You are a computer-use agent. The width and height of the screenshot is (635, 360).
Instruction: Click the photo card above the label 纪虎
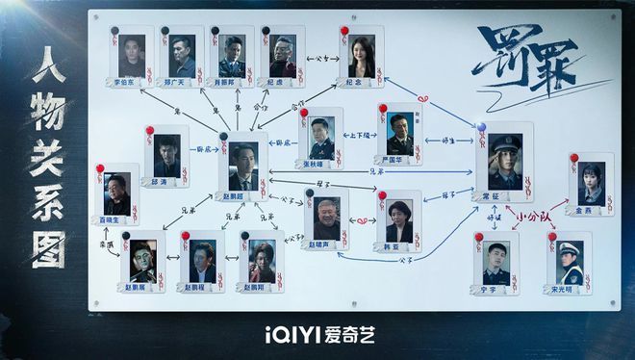coord(282,54)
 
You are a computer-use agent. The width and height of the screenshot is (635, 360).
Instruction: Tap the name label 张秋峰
coord(320,165)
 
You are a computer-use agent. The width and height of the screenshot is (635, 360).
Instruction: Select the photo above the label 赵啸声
coord(324,214)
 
